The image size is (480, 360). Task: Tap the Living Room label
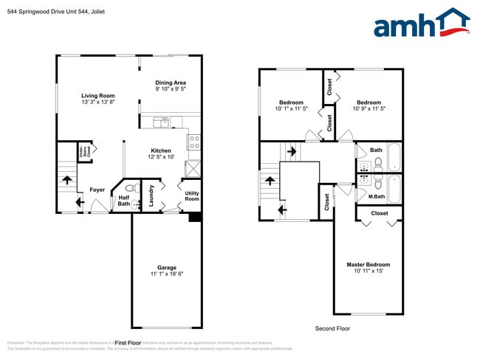click(97, 95)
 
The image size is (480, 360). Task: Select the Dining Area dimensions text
click(170, 89)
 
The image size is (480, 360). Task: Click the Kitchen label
click(161, 150)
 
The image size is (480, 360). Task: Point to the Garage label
click(166, 267)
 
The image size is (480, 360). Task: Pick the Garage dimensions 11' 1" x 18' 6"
click(166, 274)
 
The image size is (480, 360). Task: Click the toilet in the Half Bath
click(130, 188)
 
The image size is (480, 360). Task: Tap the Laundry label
click(151, 195)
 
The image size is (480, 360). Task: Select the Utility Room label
click(191, 196)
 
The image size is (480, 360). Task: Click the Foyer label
click(97, 190)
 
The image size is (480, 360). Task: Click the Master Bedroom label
click(368, 264)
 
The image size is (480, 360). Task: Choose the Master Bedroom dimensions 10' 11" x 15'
click(368, 271)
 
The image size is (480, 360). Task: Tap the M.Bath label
click(377, 196)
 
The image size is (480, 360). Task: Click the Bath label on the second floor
click(377, 150)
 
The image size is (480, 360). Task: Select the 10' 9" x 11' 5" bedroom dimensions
click(368, 109)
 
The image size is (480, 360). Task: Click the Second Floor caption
click(332, 328)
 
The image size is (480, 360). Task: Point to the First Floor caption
click(128, 342)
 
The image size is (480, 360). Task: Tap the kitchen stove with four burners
click(193, 142)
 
